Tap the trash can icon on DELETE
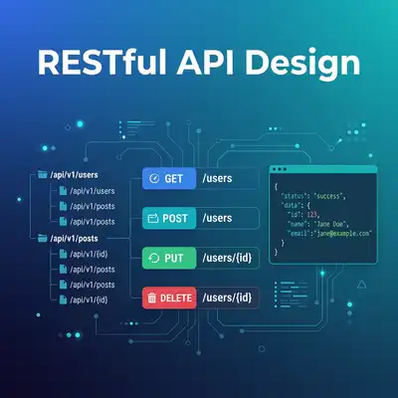[x=151, y=296]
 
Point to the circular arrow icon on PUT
[x=153, y=257]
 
